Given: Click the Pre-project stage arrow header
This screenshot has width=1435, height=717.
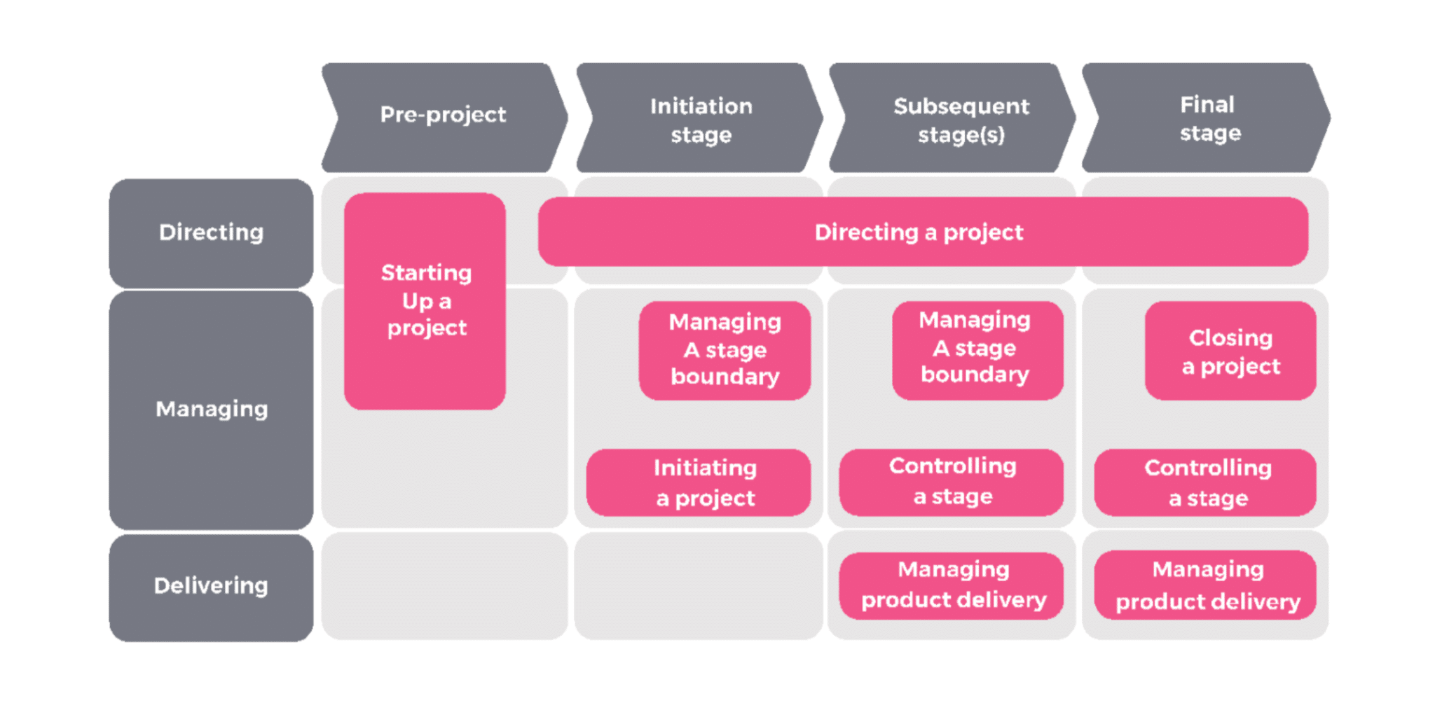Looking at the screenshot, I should [443, 116].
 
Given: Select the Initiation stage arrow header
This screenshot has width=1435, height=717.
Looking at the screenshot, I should [701, 119].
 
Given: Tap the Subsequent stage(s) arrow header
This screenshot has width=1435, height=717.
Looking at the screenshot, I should [960, 119].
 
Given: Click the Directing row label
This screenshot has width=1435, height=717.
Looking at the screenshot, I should [211, 232].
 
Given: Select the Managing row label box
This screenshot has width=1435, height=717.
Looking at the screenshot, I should [211, 410].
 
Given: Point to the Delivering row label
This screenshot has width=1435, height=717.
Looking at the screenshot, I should [211, 587].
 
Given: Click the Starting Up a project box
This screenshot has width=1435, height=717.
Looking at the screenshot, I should [425, 301].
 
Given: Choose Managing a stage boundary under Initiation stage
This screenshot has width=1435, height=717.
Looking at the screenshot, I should [725, 350].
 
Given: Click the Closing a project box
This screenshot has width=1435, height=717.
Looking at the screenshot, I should [1230, 351].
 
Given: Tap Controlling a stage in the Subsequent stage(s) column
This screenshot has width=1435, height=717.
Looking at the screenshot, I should [952, 482].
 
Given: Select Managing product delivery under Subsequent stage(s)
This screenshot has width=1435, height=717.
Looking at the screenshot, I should [952, 585].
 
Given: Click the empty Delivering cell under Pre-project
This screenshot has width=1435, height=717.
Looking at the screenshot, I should [444, 587].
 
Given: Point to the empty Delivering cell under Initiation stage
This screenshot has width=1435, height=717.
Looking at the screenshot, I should [698, 587].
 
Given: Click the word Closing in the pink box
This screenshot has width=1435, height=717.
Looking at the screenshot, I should [1230, 338].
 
